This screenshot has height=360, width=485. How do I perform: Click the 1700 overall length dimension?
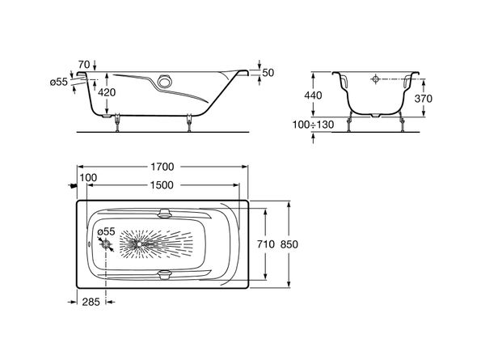[x=162, y=167]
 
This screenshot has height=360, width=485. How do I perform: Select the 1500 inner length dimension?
[x=162, y=185]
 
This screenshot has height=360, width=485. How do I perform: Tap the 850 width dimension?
[x=289, y=244]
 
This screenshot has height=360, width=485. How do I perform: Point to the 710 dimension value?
[x=266, y=244]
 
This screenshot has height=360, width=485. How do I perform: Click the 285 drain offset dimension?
[x=91, y=302]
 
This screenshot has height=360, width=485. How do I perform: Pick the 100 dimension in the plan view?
[x=88, y=178]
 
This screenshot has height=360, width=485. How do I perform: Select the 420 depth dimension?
[x=107, y=92]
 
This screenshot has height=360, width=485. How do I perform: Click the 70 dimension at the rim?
[x=84, y=65]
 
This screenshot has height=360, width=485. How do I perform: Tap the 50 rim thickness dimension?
[x=268, y=73]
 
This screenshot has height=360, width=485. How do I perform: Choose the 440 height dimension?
[x=313, y=95]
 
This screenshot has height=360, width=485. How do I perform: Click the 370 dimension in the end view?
[x=423, y=99]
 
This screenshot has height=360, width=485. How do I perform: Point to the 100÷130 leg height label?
[x=314, y=125]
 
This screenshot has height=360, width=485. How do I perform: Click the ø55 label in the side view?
[x=59, y=82]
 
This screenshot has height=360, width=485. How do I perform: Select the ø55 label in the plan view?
[x=106, y=231]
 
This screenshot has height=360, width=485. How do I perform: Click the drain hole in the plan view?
[x=106, y=245]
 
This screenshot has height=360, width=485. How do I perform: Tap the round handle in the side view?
[x=164, y=81]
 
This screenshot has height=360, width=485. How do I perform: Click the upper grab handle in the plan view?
[x=164, y=213]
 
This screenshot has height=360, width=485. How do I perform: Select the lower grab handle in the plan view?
[x=164, y=275]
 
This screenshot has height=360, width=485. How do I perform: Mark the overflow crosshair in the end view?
[x=376, y=79]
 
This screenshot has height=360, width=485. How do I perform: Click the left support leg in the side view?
[x=117, y=123]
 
